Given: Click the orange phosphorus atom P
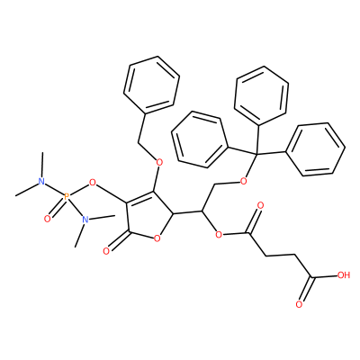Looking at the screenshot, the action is point(67,196).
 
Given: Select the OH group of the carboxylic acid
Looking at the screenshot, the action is point(344,275).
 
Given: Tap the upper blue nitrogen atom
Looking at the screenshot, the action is point(41,181).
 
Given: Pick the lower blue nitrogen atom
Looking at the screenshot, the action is point(85,220).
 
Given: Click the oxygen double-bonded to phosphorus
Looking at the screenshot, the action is point(47,220).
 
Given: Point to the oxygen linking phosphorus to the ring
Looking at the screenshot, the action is point(93,182).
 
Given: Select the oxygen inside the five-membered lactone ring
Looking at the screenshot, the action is point(157,238).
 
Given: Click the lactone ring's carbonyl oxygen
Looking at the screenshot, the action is point(106,251).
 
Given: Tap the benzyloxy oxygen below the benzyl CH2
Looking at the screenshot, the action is point(159,163).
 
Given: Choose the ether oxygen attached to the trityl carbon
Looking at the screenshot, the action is point(244,181).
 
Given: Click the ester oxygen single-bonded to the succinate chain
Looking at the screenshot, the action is point(219,234).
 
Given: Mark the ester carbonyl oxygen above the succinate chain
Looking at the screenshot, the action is point(260,206).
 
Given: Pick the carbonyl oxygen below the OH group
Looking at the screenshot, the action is point(299,304).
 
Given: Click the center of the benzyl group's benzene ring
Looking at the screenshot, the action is point(151,85).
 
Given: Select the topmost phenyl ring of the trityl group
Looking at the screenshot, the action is point(261,95).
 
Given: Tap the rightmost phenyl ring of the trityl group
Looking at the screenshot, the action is point(315,149).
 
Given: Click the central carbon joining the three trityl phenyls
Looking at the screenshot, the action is point(256,154).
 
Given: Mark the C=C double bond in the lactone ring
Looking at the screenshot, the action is point(139,196).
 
